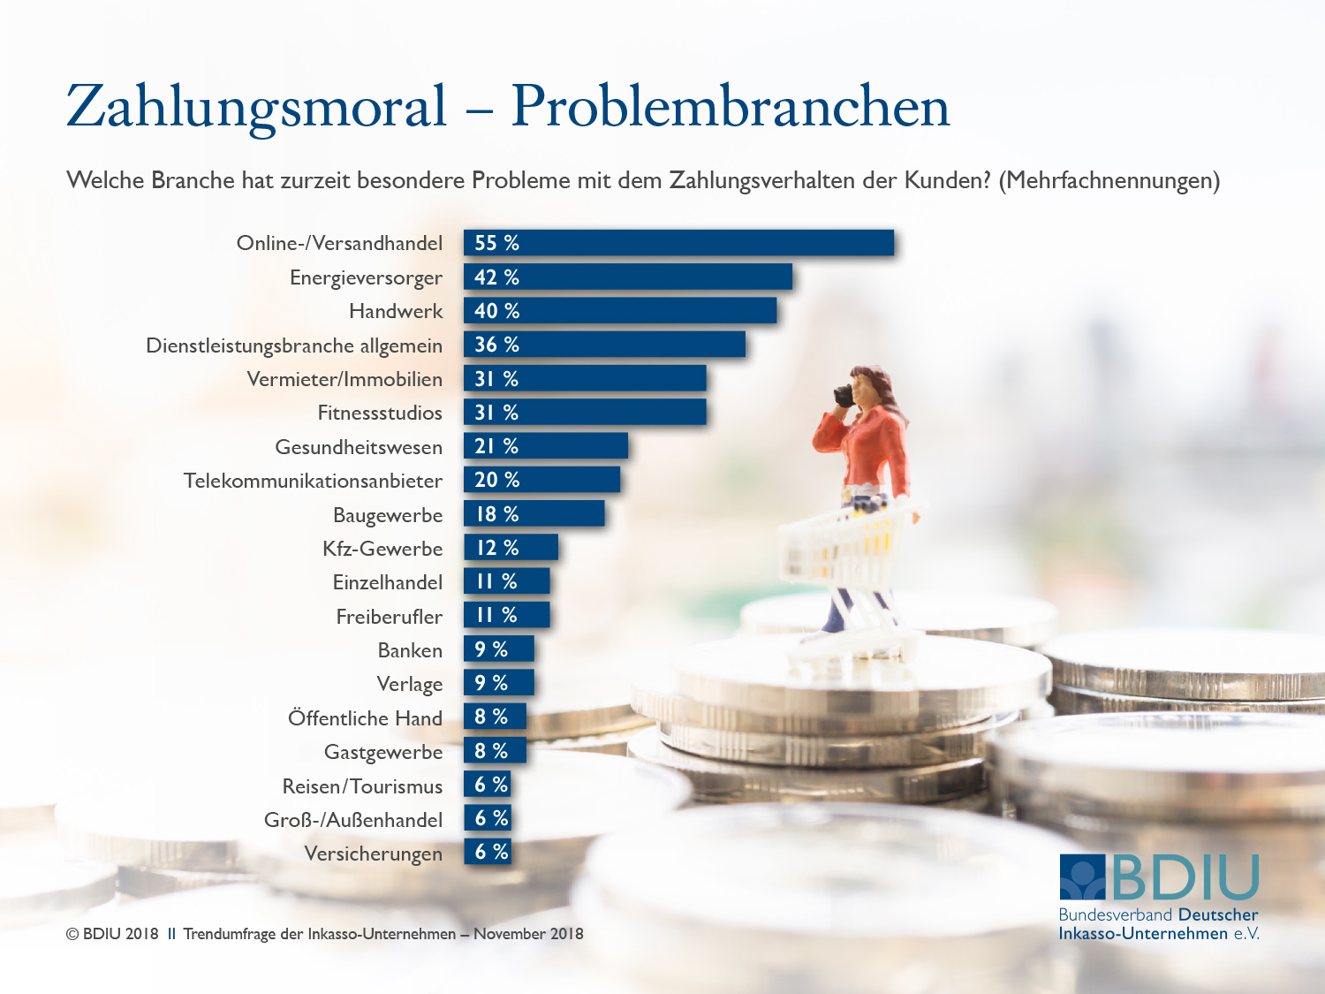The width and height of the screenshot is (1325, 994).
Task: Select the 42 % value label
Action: [x=496, y=277]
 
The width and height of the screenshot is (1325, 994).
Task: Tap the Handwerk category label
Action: [x=396, y=311]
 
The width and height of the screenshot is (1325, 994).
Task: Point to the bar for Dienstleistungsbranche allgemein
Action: [x=604, y=345]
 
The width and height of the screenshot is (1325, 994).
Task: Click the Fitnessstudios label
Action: [x=380, y=413]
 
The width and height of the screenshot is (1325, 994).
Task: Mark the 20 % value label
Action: [x=496, y=480]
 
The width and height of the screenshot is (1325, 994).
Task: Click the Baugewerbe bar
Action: [x=534, y=514]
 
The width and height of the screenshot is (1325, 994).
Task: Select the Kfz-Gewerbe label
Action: [x=382, y=549]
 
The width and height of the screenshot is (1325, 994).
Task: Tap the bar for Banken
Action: [x=499, y=649]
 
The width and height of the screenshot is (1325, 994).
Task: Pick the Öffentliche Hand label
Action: [x=365, y=718]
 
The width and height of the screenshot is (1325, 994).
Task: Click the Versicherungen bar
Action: [x=488, y=852]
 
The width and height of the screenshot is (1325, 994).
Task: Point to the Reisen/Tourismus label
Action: [x=362, y=786]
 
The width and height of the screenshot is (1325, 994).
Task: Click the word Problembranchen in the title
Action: [x=730, y=107]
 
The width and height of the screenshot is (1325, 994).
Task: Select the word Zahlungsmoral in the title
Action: [x=256, y=107]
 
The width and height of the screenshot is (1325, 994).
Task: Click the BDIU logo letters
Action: [x=1185, y=878]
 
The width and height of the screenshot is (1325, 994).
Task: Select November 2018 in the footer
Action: [x=528, y=934]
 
